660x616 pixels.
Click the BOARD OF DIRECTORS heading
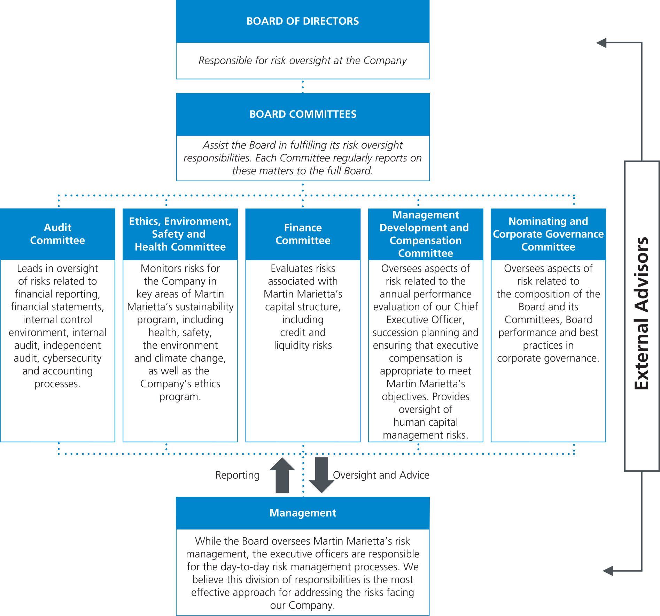click(x=303, y=21)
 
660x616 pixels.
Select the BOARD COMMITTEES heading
click(x=303, y=114)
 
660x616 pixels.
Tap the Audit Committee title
click(x=57, y=234)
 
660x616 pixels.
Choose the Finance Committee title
click(x=303, y=234)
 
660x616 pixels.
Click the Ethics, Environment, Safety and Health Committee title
click(x=180, y=234)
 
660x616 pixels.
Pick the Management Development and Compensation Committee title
click(x=425, y=234)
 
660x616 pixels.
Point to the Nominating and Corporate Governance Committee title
click(x=548, y=234)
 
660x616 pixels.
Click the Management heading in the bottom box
click(x=303, y=513)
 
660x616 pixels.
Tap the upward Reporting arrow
click(x=282, y=476)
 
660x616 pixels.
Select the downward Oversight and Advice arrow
click(x=321, y=476)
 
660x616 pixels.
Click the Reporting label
click(x=238, y=475)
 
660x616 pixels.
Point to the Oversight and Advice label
click(x=381, y=475)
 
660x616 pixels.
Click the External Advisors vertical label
click(x=642, y=313)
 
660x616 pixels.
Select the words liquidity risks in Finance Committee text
click(x=303, y=345)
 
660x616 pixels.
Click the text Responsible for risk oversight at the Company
click(x=303, y=61)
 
